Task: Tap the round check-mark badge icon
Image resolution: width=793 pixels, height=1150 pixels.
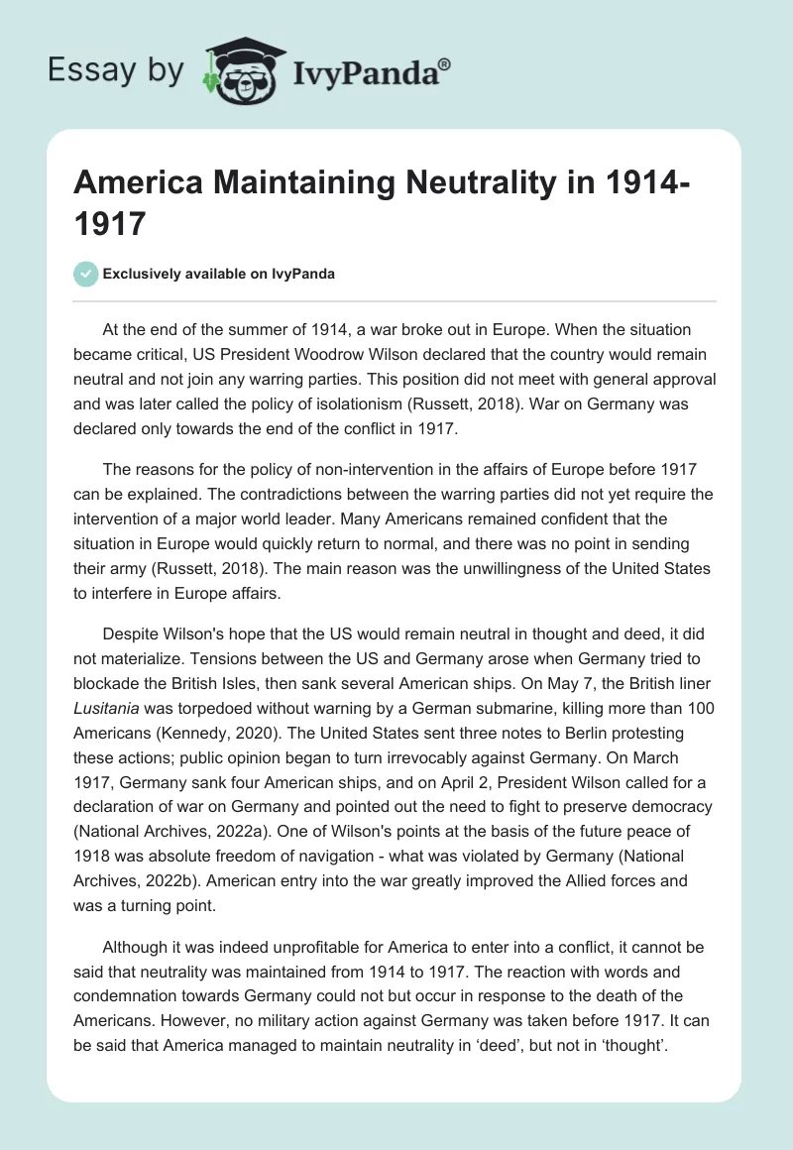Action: point(86,275)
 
